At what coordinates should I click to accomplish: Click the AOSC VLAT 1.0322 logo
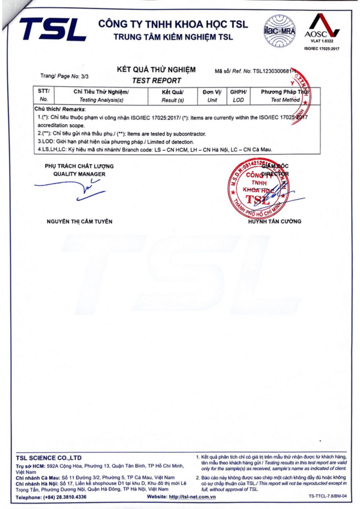coord(322,30)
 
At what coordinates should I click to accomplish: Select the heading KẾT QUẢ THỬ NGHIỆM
coord(155,70)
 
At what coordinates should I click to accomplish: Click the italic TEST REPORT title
coord(155,80)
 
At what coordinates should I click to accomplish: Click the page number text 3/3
coord(83,77)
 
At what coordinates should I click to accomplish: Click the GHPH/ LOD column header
coord(238,96)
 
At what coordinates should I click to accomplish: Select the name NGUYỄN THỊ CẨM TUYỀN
coord(79,222)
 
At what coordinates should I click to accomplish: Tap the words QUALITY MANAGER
coord(79,174)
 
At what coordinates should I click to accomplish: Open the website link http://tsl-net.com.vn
coord(192,497)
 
